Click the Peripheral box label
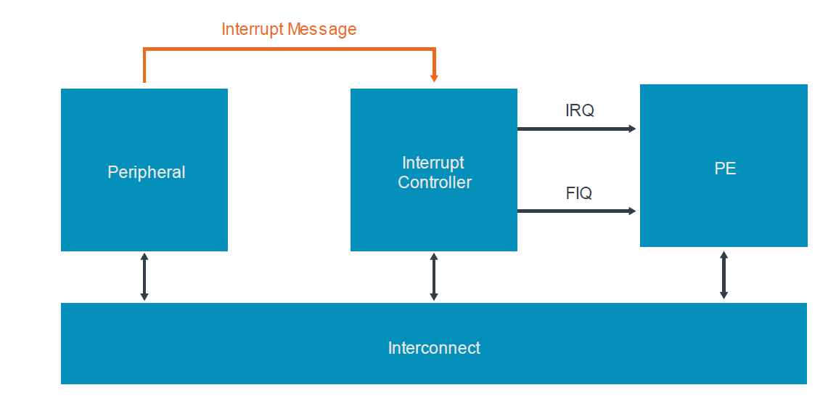click(x=146, y=172)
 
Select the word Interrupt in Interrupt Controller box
click(x=433, y=163)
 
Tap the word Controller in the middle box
click(x=434, y=182)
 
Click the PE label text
click(x=724, y=169)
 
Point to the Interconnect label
click(x=434, y=348)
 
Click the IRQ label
click(x=579, y=110)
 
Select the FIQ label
click(x=578, y=193)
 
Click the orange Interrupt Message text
click(x=289, y=29)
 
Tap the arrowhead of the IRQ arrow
click(x=632, y=129)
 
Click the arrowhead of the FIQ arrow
click(x=632, y=211)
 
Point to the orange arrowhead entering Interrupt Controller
click(x=434, y=78)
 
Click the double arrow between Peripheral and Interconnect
click(x=144, y=277)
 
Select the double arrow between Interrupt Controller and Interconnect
click(x=434, y=277)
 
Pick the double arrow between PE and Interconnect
click(x=724, y=275)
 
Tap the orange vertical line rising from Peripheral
click(x=144, y=67)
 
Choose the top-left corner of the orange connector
click(x=145, y=49)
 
